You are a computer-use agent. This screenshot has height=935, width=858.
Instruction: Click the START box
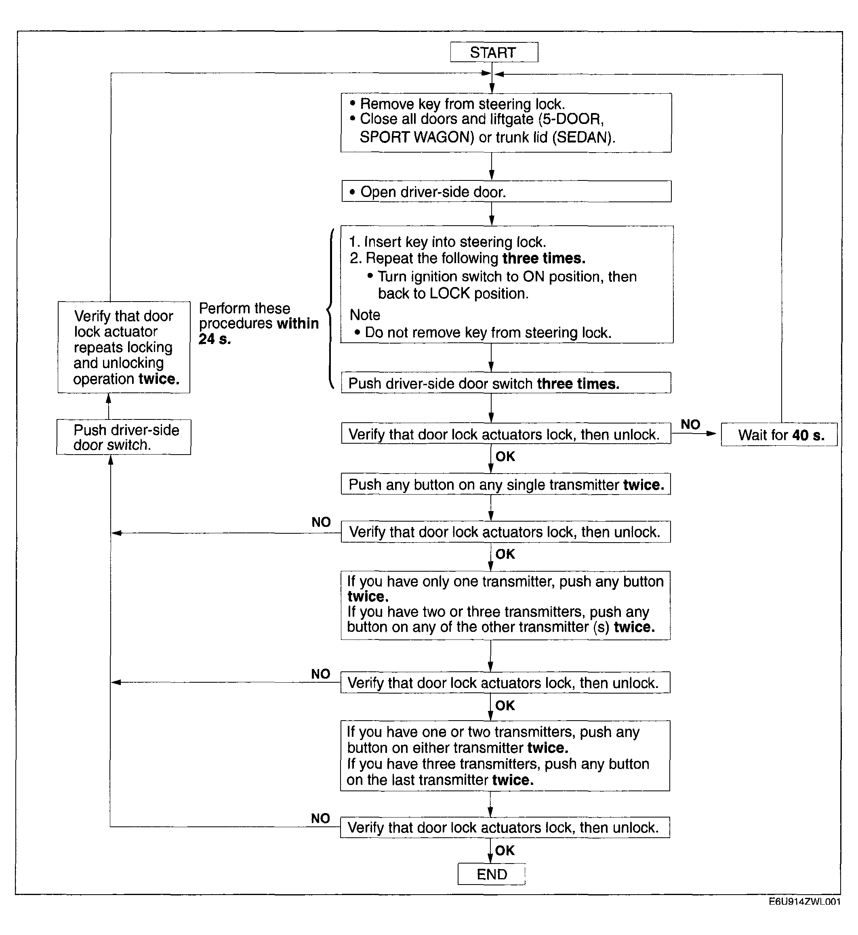(x=494, y=52)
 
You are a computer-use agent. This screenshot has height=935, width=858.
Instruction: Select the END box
(x=491, y=874)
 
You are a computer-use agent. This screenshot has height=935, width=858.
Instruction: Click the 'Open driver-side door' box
(x=506, y=192)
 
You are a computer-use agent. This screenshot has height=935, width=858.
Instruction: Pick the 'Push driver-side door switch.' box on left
(x=124, y=437)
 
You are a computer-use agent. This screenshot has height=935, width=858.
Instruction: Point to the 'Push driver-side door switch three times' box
(x=506, y=383)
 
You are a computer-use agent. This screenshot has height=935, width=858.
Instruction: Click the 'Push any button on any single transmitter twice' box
(x=506, y=484)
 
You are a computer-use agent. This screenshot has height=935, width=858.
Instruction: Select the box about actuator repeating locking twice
(x=124, y=347)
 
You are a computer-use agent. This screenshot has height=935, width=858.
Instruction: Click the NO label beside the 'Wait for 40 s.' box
(x=690, y=424)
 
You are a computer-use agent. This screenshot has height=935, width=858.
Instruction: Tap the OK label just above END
(x=505, y=850)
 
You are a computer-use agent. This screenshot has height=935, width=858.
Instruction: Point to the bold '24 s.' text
(x=214, y=339)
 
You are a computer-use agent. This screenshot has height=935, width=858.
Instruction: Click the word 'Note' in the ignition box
(x=365, y=315)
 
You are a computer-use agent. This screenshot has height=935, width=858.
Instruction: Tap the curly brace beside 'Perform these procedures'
(x=330, y=308)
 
